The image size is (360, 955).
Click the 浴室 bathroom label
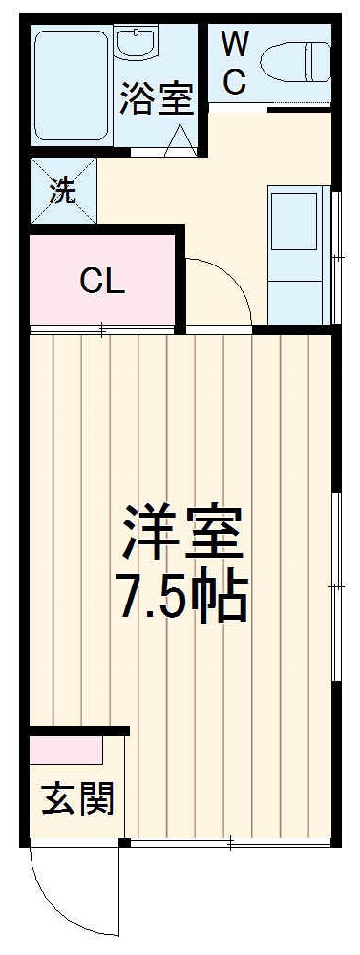click(158, 99)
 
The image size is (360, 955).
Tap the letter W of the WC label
click(235, 43)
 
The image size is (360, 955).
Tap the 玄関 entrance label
click(78, 798)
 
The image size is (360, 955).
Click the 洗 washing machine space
click(63, 190)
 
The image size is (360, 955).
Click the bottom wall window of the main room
click(229, 844)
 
